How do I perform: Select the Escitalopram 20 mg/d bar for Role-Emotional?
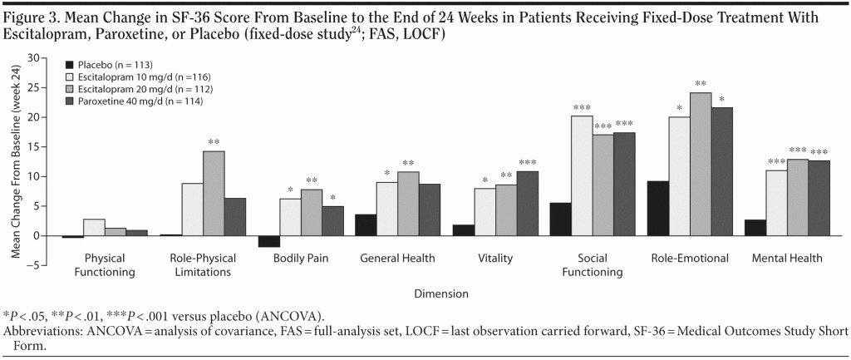click(x=701, y=164)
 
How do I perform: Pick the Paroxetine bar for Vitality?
click(x=528, y=204)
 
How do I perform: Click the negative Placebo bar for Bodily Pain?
click(x=268, y=241)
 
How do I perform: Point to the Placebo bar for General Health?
click(x=366, y=225)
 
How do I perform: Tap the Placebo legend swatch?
click(x=70, y=64)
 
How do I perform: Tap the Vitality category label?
click(x=495, y=259)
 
